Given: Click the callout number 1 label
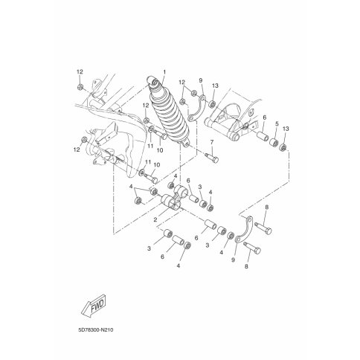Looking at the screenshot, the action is pyautogui.click(x=164, y=72).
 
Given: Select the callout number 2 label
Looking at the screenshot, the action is pyautogui.click(x=155, y=219).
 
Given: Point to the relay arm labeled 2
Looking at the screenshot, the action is pyautogui.click(x=172, y=198).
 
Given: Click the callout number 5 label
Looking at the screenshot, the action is pyautogui.click(x=277, y=123).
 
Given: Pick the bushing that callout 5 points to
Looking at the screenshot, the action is pyautogui.click(x=274, y=143).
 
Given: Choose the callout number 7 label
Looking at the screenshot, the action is pyautogui.click(x=212, y=142).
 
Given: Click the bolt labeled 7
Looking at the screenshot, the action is pyautogui.click(x=212, y=158).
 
